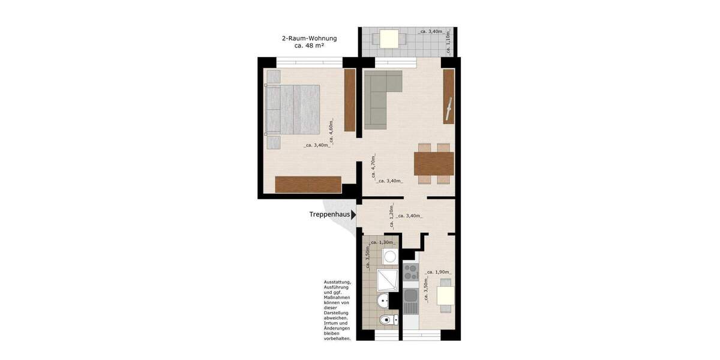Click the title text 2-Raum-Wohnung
click(309, 38)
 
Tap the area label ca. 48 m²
click(310, 46)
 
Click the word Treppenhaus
click(329, 214)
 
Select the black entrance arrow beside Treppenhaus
click(354, 214)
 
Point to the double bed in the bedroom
click(292, 109)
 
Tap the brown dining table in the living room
click(433, 163)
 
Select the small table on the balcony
click(389, 39)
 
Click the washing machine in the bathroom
click(389, 256)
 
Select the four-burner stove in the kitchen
click(410, 272)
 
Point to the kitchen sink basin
click(410, 295)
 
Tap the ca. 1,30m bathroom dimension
click(382, 242)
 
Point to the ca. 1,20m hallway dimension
click(391, 219)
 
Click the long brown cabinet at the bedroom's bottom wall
click(308, 184)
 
